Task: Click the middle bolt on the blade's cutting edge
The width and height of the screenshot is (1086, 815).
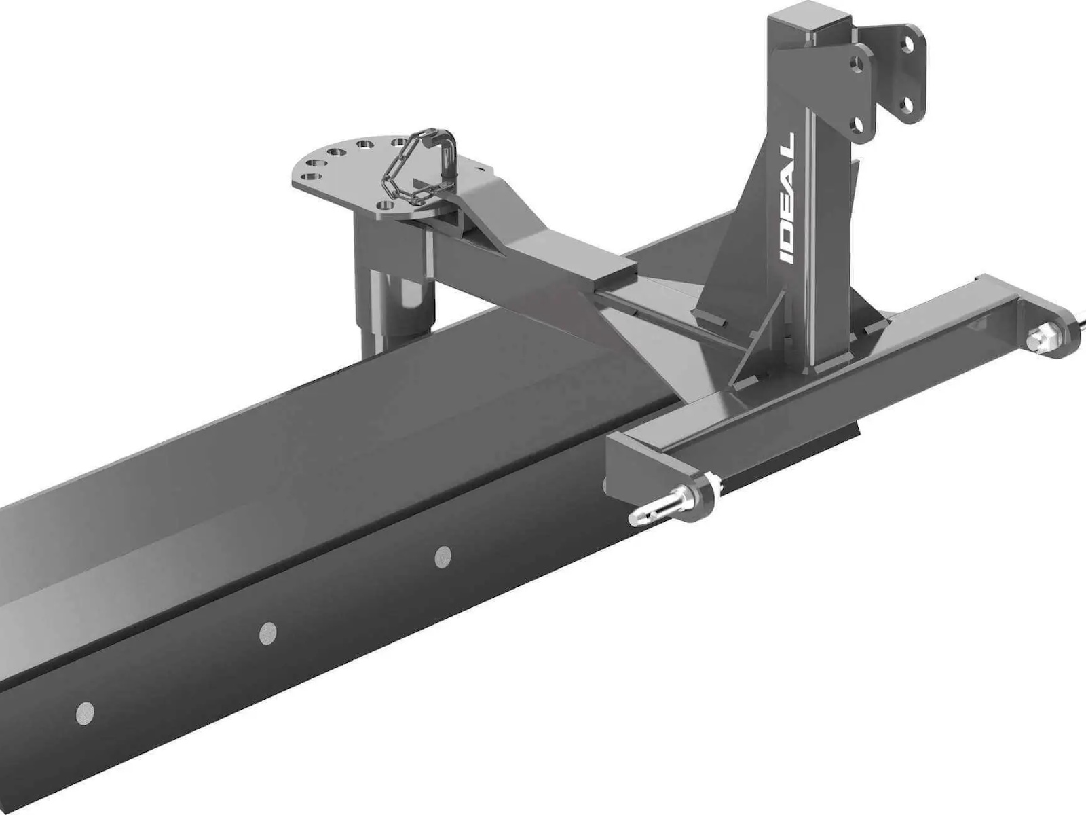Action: point(267,634)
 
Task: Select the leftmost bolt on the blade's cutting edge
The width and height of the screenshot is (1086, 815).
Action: point(85,713)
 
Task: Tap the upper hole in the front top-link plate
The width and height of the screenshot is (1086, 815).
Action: point(857,65)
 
